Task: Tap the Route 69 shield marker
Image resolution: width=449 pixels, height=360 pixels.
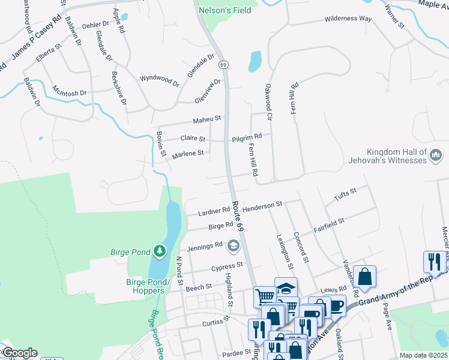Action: click(x=223, y=64)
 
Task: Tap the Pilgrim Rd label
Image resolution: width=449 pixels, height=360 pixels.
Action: click(x=247, y=137)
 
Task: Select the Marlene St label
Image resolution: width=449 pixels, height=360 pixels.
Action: click(x=188, y=154)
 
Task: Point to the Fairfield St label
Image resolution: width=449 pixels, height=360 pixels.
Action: click(x=329, y=226)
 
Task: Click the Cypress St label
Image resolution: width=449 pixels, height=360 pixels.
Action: click(x=228, y=265)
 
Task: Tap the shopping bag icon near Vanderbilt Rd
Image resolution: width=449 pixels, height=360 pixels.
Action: click(x=364, y=277)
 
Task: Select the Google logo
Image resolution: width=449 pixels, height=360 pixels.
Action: click(x=19, y=353)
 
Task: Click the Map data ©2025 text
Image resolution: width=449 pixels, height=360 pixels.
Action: click(x=423, y=355)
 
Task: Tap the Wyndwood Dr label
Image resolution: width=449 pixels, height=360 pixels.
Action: click(x=159, y=80)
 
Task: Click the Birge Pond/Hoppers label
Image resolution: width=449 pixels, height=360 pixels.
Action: click(x=146, y=286)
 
